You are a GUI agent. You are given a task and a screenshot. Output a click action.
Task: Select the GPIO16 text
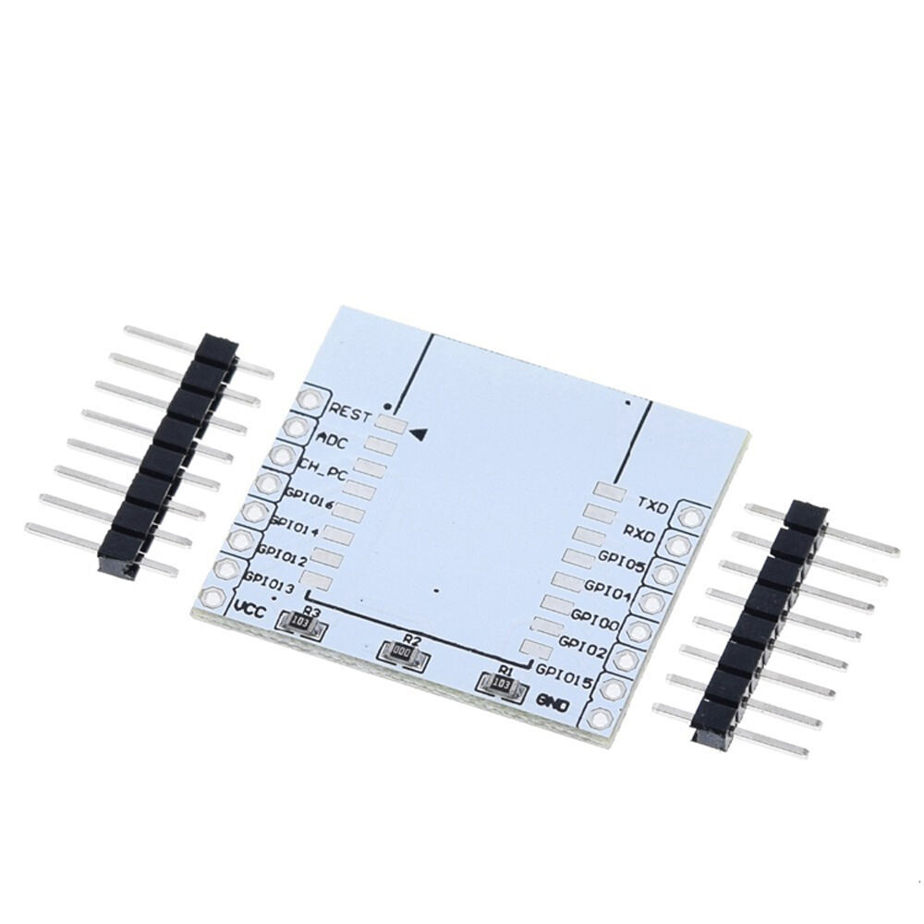point(310,500)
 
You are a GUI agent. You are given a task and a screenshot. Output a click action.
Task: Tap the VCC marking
point(250,610)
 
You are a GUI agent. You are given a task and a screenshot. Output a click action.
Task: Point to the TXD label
point(653,502)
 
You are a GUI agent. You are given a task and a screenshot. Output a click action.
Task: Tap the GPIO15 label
point(564,673)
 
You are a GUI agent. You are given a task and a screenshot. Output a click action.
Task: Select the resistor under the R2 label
point(403,653)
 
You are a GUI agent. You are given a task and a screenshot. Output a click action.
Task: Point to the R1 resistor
point(500,685)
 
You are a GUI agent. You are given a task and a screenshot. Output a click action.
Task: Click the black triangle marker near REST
point(419,432)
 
